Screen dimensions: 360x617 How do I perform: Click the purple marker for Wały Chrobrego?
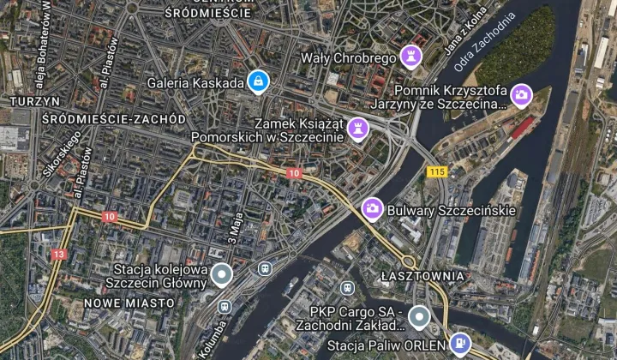tap(413, 57)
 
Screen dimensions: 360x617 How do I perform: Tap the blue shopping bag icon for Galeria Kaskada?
tap(257, 82)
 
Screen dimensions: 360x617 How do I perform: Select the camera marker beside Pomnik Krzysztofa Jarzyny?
tap(521, 95)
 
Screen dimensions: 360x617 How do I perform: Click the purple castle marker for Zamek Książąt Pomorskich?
tap(361, 129)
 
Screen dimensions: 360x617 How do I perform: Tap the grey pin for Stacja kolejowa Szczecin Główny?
tap(222, 275)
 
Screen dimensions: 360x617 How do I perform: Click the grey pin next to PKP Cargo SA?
tap(417, 317)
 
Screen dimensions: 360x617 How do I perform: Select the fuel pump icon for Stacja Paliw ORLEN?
tap(460, 344)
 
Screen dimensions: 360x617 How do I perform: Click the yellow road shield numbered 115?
tap(437, 172)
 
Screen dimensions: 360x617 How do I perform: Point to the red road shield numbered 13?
tap(58, 255)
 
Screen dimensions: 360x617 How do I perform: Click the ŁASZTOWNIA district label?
tap(422, 276)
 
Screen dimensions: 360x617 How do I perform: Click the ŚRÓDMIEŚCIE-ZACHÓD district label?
tap(113, 118)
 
